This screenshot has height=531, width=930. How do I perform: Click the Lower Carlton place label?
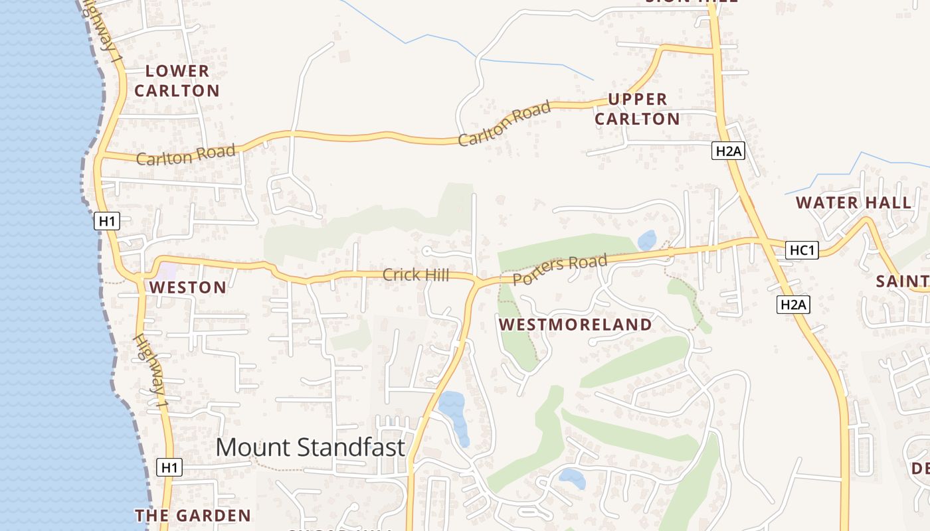point(177,80)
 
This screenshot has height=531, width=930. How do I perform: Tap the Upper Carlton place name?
point(637,109)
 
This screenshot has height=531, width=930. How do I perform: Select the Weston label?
point(188,287)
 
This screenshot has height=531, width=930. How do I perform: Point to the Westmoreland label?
point(575,325)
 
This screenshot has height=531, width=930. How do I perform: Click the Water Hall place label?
point(854,203)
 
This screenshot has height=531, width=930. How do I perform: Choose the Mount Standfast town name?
point(310,447)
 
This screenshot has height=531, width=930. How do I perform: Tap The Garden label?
point(193,515)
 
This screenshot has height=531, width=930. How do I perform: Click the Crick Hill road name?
point(416,275)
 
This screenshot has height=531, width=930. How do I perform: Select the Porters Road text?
point(560,269)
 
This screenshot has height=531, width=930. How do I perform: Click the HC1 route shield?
point(802,250)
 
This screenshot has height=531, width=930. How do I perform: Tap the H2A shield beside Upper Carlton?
point(728,151)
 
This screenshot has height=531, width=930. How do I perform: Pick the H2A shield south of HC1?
point(792,305)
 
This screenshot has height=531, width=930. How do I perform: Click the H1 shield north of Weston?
point(107,221)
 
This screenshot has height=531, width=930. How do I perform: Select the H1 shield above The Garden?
point(170,467)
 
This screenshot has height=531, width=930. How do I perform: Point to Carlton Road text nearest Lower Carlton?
point(185,155)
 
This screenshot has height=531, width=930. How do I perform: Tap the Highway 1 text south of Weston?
point(151,370)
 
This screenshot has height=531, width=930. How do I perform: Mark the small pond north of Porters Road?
point(646,240)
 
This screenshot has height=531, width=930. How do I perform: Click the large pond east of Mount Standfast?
point(454,415)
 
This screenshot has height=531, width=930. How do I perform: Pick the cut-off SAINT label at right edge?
point(902,281)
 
